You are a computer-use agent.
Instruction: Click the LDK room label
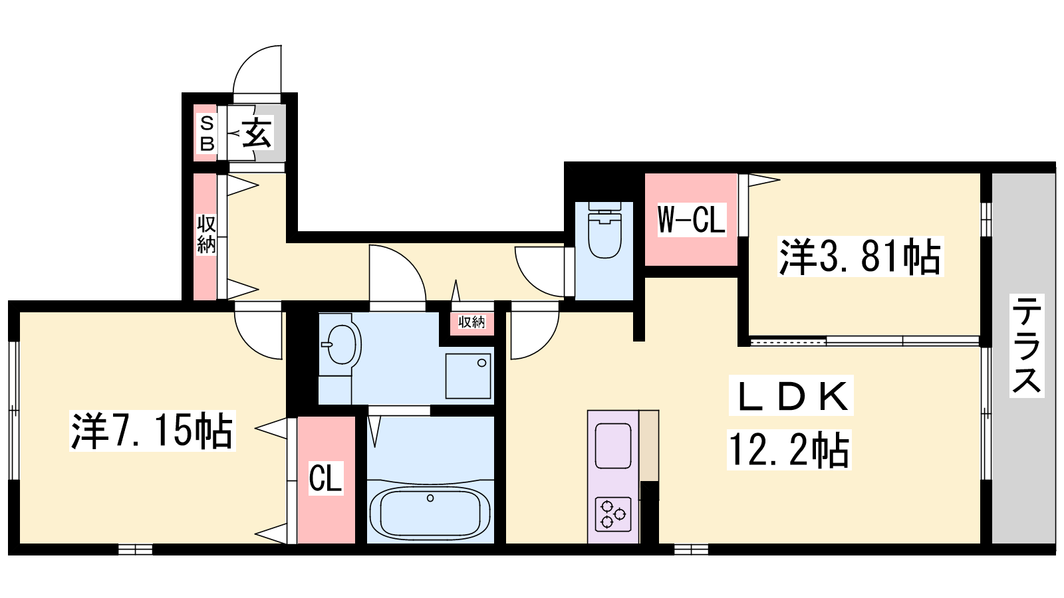click(791, 395)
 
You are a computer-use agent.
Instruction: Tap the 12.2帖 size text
click(789, 449)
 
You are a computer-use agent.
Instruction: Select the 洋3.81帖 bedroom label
click(861, 256)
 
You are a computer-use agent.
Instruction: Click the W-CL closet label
click(691, 219)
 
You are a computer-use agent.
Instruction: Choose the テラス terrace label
click(1027, 345)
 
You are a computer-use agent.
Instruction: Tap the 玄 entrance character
click(257, 133)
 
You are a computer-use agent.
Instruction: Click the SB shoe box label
click(207, 134)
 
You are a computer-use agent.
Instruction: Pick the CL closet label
click(326, 478)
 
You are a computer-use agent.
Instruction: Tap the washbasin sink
click(340, 344)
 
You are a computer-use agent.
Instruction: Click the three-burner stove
click(612, 514)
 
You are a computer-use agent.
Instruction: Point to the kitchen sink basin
click(612, 446)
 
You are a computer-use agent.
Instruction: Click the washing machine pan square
click(468, 376)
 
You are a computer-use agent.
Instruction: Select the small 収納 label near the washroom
click(471, 322)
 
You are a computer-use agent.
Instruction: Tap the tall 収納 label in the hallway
click(207, 235)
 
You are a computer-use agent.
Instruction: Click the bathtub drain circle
click(430, 498)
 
